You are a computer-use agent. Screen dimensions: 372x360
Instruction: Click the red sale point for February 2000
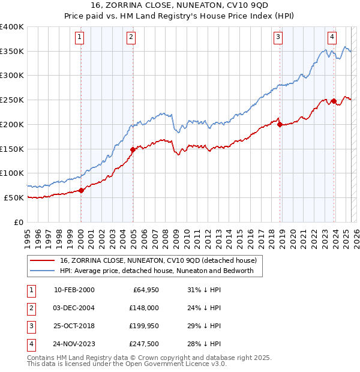coord(81,190)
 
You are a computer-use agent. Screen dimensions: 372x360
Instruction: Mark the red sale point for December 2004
coord(133,149)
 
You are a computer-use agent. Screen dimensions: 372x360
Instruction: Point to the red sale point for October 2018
coord(280,124)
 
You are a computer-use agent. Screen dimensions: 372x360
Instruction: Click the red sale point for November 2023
coord(334,101)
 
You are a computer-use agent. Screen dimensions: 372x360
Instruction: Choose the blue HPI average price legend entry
coord(157,271)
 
